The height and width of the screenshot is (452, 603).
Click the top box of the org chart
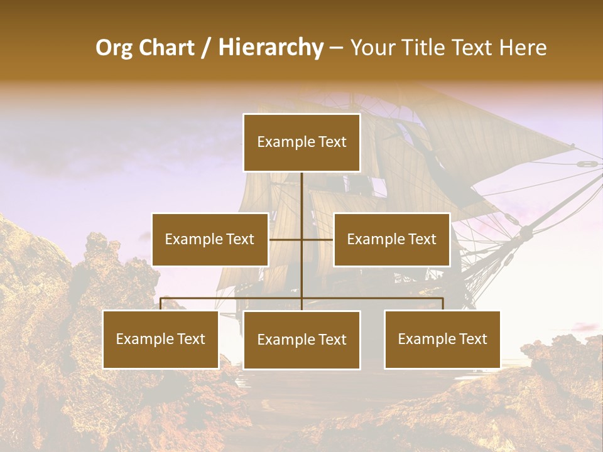301,143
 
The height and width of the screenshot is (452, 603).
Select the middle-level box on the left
210,239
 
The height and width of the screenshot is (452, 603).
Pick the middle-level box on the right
391,239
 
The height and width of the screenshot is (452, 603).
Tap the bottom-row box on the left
161,340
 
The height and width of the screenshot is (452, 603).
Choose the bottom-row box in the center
301,340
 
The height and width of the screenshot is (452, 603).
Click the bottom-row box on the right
442,340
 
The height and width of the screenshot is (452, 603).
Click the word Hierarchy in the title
270,48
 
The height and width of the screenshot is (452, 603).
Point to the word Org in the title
114,48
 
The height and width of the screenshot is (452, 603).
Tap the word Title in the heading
425,48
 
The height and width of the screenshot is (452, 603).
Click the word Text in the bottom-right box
472,340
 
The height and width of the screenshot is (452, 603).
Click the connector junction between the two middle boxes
301,239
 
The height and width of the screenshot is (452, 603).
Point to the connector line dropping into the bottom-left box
161,304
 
